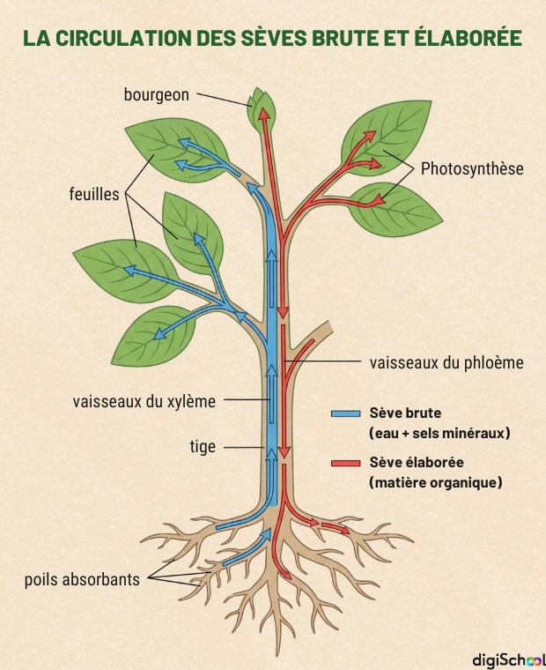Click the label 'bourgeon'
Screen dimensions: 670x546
(x=156, y=94)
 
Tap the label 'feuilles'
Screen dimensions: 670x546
(x=93, y=194)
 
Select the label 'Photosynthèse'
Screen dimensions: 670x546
(x=472, y=167)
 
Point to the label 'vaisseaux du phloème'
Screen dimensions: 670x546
(x=446, y=362)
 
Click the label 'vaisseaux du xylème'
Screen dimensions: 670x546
(x=144, y=401)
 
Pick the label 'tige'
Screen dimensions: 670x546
(x=203, y=447)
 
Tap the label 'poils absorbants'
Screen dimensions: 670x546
(x=82, y=579)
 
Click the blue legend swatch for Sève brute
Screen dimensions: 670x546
(x=345, y=413)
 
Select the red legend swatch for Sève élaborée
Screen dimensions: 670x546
(x=345, y=463)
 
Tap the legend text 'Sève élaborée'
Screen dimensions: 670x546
(x=417, y=462)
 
